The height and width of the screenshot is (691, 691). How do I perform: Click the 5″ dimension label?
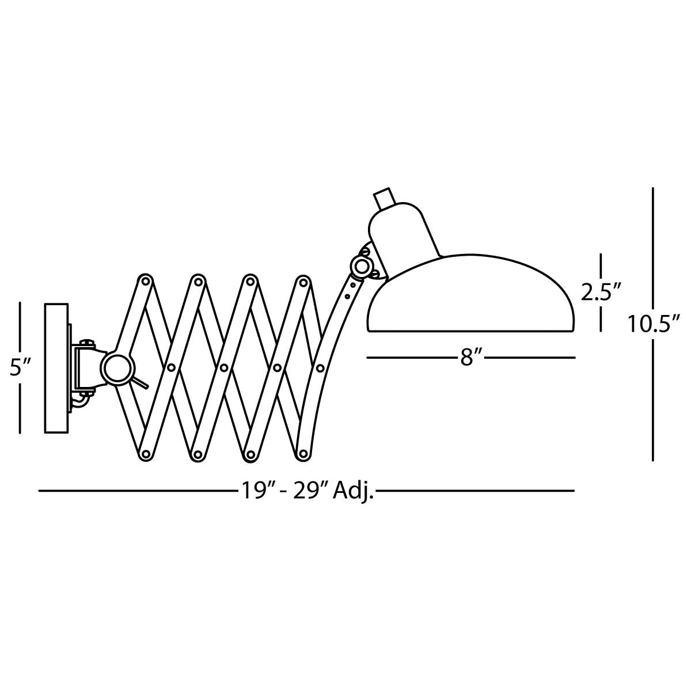coord(20,367)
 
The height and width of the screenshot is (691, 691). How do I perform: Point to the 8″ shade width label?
coord(470,358)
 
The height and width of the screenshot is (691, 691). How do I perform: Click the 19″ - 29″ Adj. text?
coord(307,491)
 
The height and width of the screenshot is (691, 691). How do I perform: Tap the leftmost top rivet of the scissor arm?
coord(145,281)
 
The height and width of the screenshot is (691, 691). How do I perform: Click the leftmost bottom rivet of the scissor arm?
coord(145,454)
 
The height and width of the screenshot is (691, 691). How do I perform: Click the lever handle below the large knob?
coord(141,382)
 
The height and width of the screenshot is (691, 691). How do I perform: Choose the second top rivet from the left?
coord(198,282)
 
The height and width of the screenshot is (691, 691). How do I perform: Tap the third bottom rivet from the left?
coord(250,454)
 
